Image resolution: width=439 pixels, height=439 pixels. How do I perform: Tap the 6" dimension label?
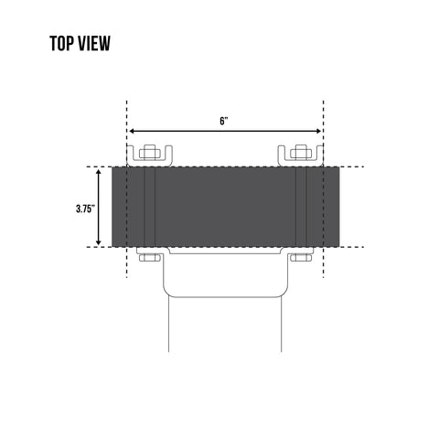[224, 121]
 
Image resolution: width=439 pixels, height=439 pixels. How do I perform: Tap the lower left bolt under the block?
[146, 259]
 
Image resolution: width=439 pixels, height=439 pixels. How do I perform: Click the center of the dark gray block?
[224, 207]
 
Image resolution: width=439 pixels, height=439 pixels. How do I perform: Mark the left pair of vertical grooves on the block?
[149, 207]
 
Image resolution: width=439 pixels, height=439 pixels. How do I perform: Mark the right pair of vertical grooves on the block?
[300, 207]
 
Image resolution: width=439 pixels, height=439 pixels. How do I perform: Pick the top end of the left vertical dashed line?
[126, 101]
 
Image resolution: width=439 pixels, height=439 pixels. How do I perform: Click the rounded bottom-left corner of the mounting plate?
[167, 291]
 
